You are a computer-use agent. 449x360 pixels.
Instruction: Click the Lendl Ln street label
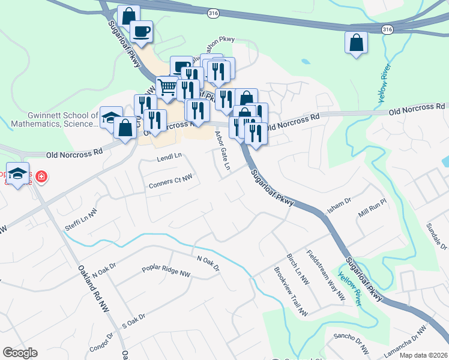click(169, 158)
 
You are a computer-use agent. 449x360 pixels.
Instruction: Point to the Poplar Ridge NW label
click(166, 272)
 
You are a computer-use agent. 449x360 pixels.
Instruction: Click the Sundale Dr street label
click(436, 235)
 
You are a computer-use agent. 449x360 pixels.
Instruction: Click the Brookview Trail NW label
click(290, 292)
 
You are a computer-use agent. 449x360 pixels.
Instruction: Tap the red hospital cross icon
click(41, 177)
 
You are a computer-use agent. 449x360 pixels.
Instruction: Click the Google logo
click(20, 353)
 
